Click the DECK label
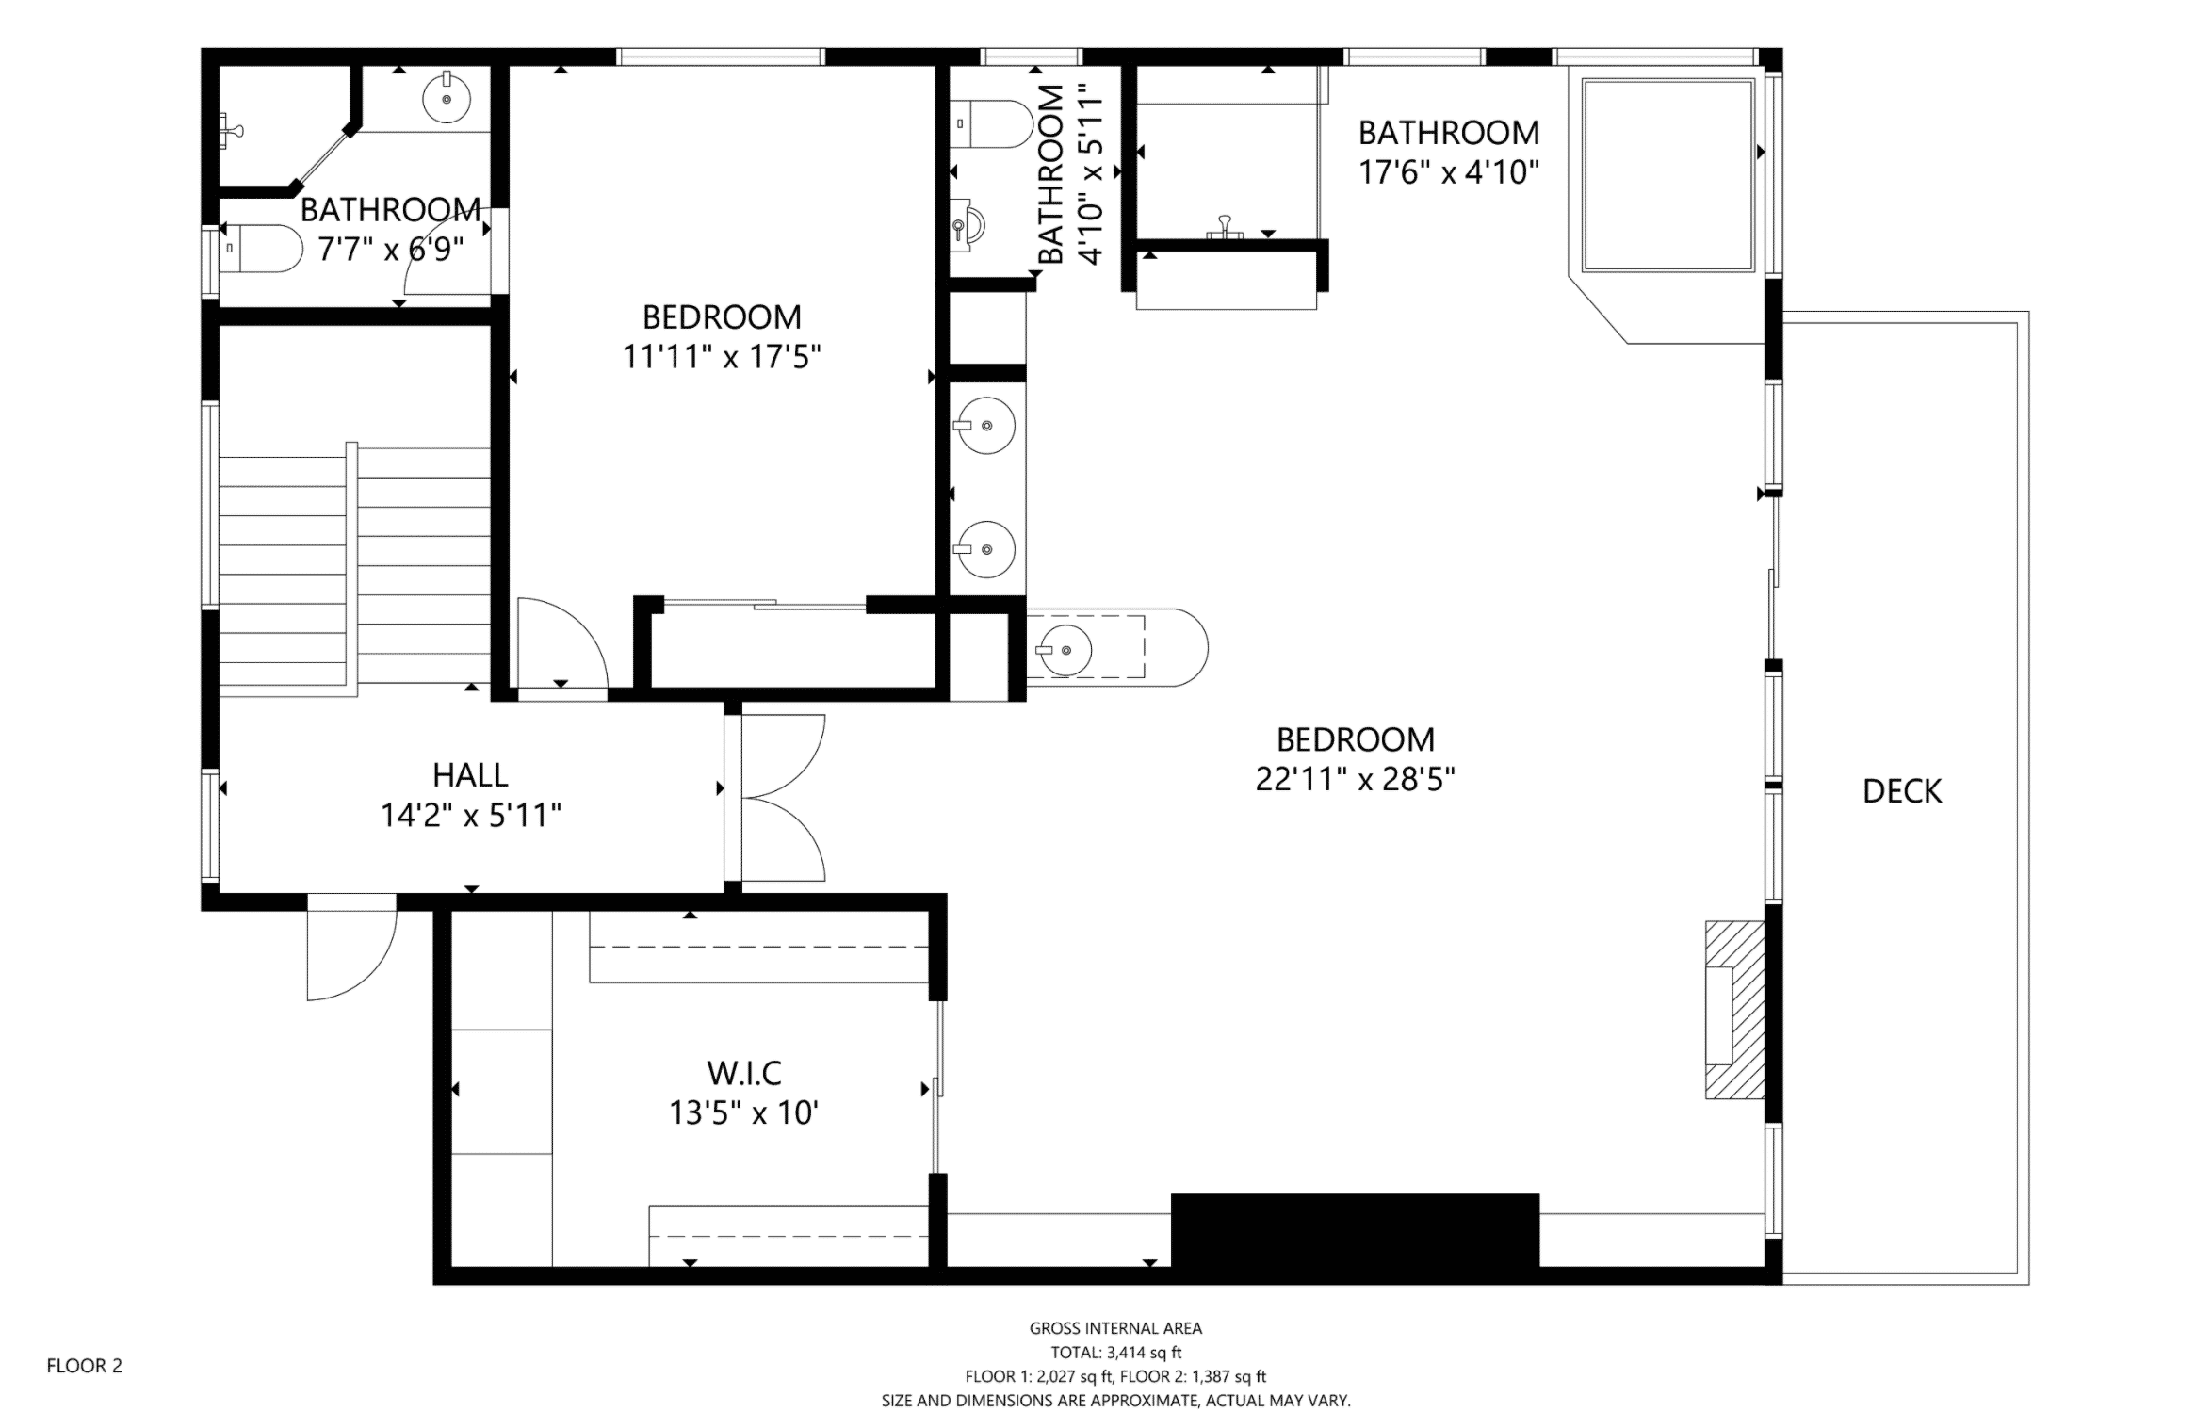point(1901,791)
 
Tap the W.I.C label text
point(744,1072)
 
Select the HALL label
point(470,774)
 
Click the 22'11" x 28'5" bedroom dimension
point(1355,780)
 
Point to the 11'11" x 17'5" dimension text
point(722,357)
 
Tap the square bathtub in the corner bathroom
point(1667,176)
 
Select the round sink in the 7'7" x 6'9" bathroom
point(447,98)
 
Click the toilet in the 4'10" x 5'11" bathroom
point(991,124)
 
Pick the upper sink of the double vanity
point(985,426)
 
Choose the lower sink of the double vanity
point(985,548)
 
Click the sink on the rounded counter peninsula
point(1065,650)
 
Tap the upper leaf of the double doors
point(782,754)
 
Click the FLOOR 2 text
point(85,1365)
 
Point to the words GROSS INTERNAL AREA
point(1115,1328)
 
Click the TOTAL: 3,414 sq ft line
point(1115,1353)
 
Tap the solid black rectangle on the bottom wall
point(1355,1230)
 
